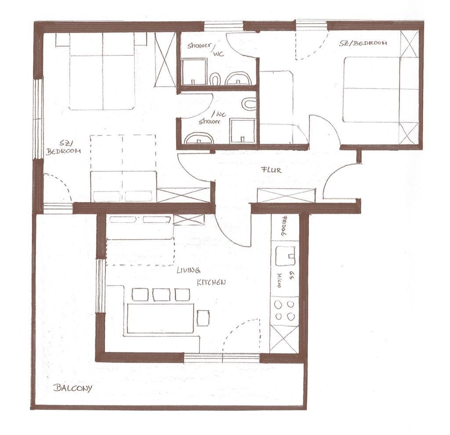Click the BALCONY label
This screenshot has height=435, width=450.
(73, 388)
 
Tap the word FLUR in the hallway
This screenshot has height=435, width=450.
(271, 170)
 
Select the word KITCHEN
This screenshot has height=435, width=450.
(211, 283)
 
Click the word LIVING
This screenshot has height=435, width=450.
(188, 270)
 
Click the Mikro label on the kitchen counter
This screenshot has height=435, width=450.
(279, 280)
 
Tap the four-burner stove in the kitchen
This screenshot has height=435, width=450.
(284, 311)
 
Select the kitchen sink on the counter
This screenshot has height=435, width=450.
(285, 256)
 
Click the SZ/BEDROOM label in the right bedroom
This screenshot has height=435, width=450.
(363, 43)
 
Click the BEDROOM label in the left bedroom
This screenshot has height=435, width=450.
(63, 151)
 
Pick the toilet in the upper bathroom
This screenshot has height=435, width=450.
(215, 79)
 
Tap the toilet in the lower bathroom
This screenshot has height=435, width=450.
(249, 104)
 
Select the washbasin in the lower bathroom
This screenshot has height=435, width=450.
(199, 138)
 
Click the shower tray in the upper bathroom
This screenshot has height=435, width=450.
(194, 72)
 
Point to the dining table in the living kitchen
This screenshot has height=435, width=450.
(160, 318)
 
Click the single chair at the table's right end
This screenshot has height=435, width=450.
(203, 318)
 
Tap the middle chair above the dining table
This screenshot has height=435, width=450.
(161, 295)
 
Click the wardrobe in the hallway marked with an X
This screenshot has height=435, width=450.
(287, 196)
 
